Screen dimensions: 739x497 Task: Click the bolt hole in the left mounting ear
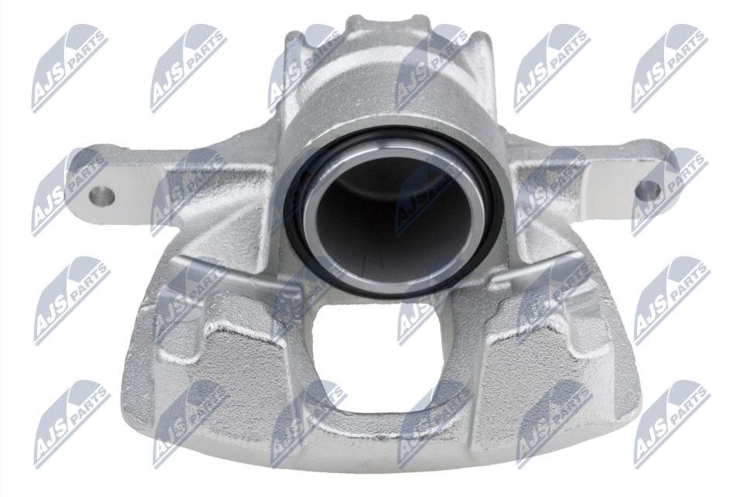[101, 196]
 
